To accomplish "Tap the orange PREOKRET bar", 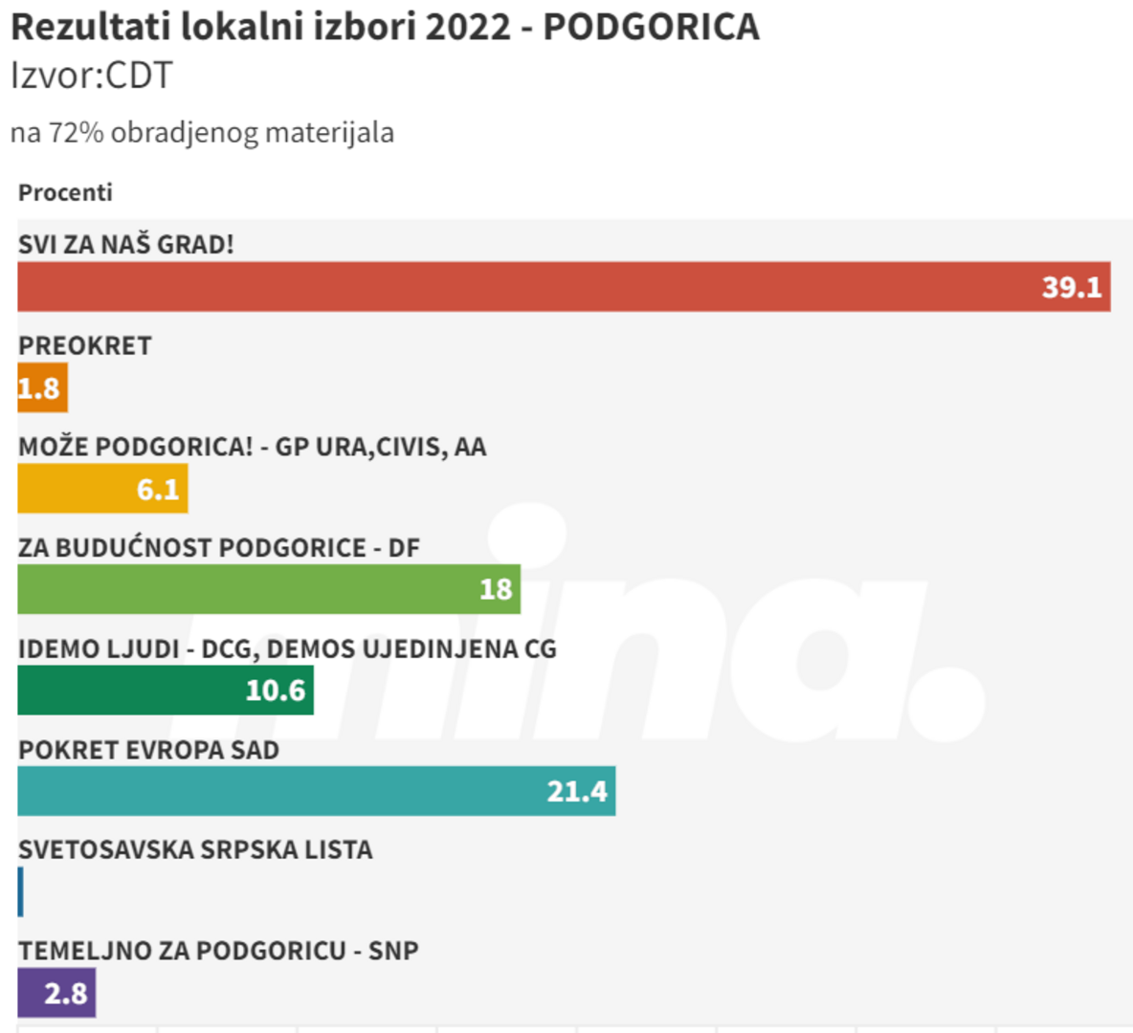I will point(42,387).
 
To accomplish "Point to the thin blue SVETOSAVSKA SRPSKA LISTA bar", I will point(20,891).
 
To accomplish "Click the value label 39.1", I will point(1072,287).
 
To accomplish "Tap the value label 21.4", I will point(577,791).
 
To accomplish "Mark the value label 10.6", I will point(276,691).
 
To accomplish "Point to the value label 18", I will point(496,589).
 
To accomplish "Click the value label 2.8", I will point(66,993).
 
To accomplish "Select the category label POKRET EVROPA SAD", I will point(148,750).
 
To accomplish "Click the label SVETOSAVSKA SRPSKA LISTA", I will point(195,850).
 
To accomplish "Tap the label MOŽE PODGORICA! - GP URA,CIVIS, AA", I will point(252,447).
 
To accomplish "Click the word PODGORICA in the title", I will point(651,27).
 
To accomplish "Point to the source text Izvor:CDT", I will point(91,75).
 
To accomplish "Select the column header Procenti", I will point(65,192).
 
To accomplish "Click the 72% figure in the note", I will point(76,132).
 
